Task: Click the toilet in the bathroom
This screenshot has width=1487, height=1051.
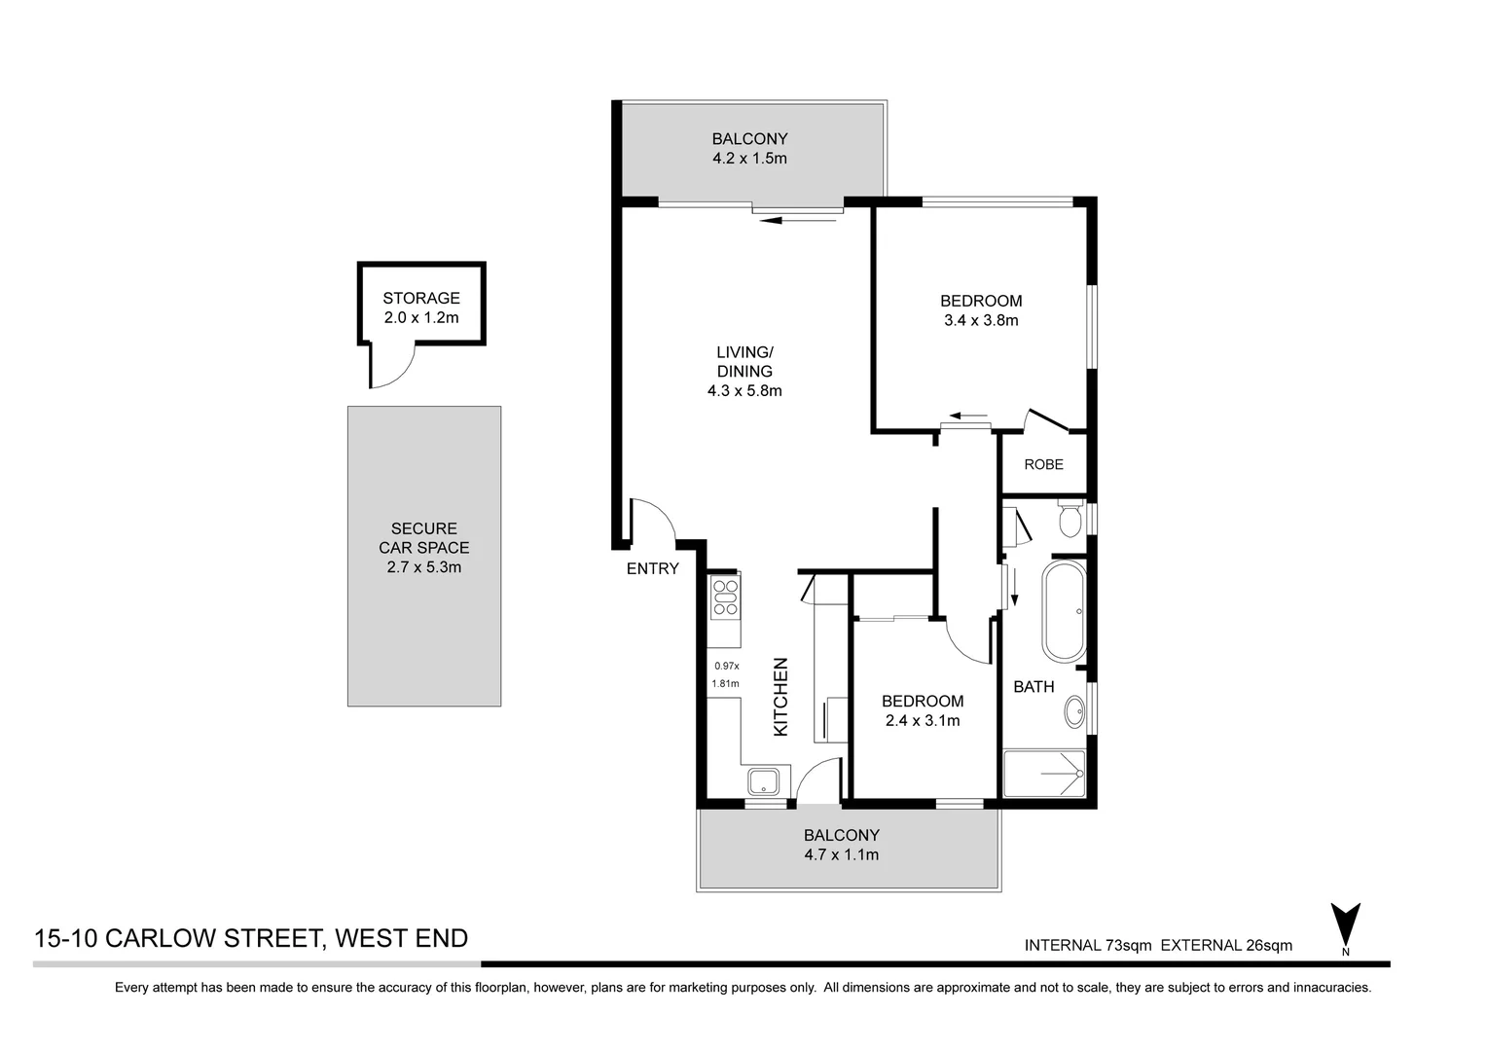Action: click(x=1070, y=519)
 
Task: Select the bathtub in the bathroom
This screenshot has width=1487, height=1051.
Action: click(x=1064, y=611)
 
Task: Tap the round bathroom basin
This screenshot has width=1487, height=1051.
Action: click(x=1075, y=711)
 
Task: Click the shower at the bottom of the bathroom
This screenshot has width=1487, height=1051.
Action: click(x=1044, y=774)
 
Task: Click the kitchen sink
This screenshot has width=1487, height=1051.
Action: click(x=763, y=780)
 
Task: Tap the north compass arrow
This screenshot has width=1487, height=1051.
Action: click(x=1345, y=924)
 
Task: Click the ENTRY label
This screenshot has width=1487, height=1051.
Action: click(x=652, y=568)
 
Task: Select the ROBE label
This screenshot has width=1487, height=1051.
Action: click(x=1043, y=464)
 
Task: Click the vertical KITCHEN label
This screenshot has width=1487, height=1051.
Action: click(x=780, y=697)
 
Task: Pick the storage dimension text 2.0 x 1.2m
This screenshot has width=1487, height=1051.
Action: click(x=420, y=317)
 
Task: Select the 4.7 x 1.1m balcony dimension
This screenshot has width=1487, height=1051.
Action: click(x=841, y=854)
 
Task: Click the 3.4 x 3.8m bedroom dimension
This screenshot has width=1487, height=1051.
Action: click(x=980, y=320)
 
